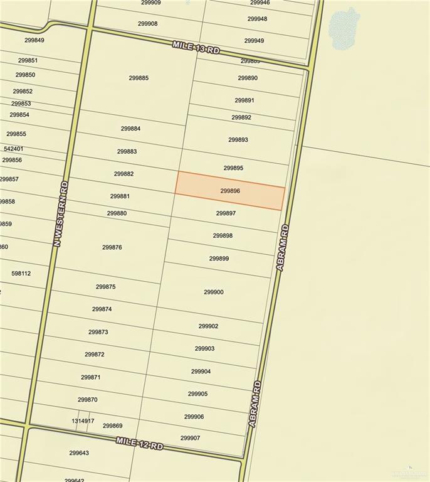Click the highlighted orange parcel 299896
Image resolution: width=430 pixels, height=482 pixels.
pos(230,191)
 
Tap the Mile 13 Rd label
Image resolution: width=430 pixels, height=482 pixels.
pos(196,47)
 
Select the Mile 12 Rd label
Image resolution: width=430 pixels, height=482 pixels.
pos(139,443)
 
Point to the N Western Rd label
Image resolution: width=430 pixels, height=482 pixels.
pos(60,213)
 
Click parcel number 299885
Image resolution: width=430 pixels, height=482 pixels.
pos(139,78)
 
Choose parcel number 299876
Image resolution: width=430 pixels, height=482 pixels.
pos(112,247)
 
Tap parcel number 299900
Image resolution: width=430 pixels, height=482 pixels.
pos(213,292)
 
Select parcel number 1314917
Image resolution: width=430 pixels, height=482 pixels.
pos(83,420)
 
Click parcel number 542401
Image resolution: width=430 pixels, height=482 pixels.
pos(13,149)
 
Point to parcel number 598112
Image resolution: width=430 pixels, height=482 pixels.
pos(21,274)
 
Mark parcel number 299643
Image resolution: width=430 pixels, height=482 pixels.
pos(79,453)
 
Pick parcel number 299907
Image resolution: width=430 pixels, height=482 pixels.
pos(190,438)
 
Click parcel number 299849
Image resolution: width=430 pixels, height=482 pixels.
pos(34,41)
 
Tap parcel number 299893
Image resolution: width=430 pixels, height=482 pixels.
pos(238,140)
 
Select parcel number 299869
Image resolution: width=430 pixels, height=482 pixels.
pos(112,426)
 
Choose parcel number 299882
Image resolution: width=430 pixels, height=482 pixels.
pos(123,174)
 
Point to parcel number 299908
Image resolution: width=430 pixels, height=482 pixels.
pos(148,24)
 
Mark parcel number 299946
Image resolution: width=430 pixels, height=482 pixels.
pos(260,3)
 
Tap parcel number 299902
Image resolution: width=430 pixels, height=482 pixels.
pos(208,326)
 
